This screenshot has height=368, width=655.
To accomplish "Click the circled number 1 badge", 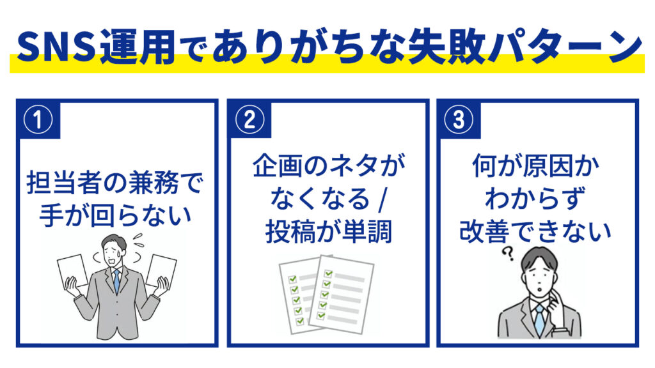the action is tap(38, 119).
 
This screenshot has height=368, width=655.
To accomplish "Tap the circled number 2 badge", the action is tap(249, 119).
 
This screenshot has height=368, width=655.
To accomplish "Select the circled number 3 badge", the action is tap(459, 119).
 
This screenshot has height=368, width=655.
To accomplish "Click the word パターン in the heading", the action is tap(565, 46).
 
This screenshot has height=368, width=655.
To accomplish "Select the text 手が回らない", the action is tap(116, 216).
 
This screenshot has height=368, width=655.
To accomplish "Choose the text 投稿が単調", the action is tap(328, 231).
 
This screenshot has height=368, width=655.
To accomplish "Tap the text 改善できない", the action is tap(535, 231).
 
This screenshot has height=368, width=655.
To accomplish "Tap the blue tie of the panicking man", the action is tap(117, 280).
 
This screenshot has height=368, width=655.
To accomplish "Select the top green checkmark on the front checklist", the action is tap(328, 273).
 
